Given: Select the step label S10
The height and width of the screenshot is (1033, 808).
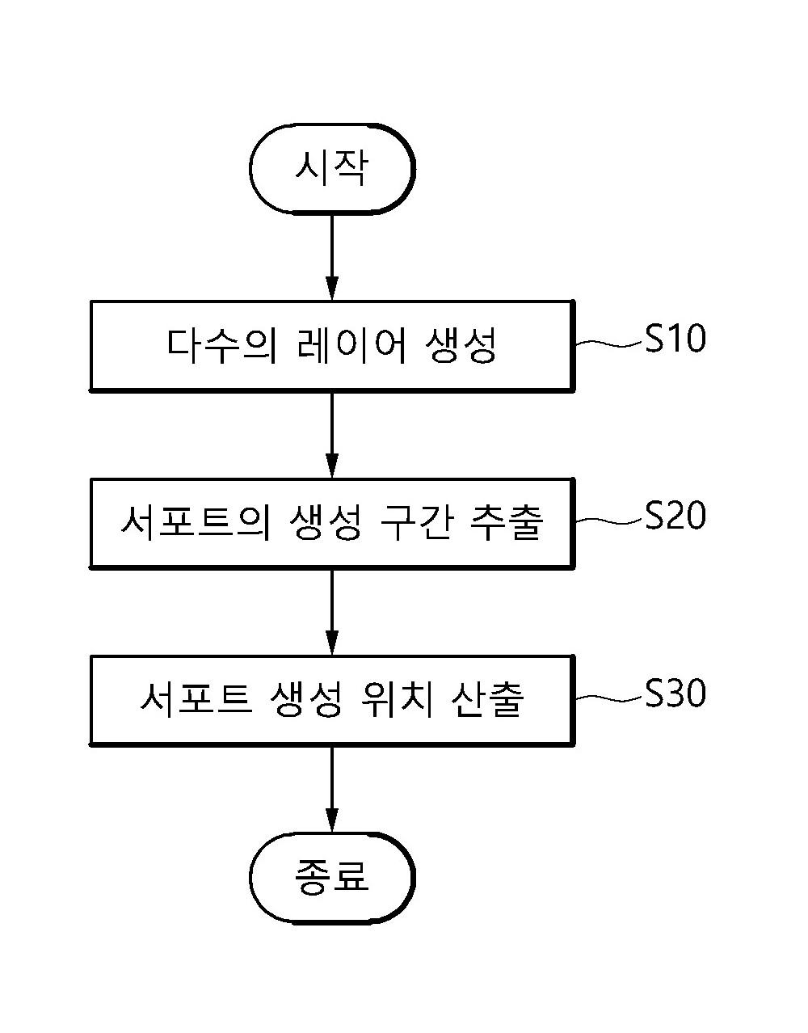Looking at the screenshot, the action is click(675, 339).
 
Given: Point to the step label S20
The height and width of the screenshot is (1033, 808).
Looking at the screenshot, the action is click(675, 516).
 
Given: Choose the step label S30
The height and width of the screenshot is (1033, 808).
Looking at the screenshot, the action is click(675, 693).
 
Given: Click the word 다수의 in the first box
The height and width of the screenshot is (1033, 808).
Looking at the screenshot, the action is click(222, 346).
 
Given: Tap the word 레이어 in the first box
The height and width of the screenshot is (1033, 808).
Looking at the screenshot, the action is click(351, 346).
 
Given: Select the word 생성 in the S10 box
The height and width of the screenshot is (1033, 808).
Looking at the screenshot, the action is click(461, 346).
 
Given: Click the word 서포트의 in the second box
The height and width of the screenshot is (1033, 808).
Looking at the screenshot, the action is click(196, 522).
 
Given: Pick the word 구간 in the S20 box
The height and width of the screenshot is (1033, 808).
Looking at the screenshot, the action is click(415, 522).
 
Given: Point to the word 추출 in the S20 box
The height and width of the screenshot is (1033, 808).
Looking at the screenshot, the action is click(506, 522).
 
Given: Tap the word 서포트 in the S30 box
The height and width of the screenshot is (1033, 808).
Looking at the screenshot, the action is click(196, 700).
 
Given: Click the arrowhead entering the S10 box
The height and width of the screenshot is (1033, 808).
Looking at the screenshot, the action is click(332, 290).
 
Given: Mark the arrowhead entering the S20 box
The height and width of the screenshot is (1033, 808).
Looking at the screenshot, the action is click(332, 467).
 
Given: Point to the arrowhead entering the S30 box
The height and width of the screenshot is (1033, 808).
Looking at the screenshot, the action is click(332, 645).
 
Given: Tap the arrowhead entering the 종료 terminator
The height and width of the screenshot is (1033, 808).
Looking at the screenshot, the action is click(332, 822).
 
